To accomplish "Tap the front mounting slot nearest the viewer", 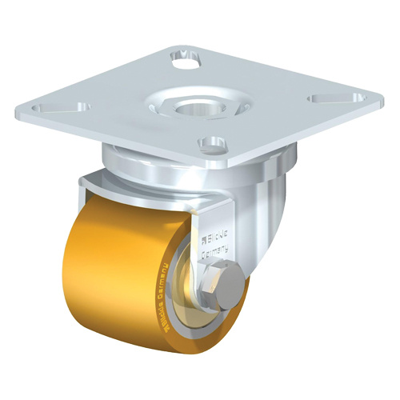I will [x=211, y=145].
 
